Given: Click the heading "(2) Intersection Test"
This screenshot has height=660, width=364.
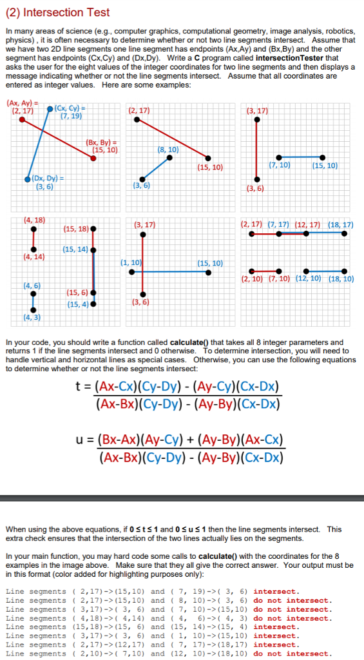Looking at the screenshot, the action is [x=58, y=12].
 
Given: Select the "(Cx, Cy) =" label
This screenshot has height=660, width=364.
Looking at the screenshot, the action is [x=71, y=108].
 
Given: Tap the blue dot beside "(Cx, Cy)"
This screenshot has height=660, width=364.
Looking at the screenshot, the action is [x=51, y=110].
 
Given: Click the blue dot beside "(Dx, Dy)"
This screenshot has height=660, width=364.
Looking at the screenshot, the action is [x=27, y=179].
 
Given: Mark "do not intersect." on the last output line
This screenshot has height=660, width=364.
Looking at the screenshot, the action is [x=292, y=654].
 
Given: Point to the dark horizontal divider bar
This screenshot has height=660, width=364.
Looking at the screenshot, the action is [x=182, y=498].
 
